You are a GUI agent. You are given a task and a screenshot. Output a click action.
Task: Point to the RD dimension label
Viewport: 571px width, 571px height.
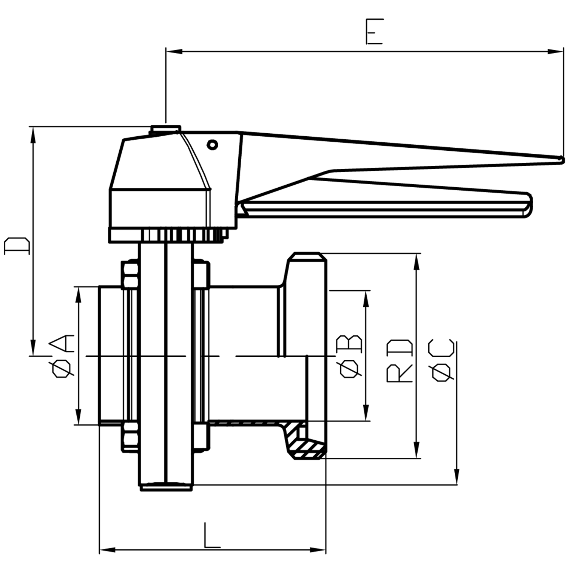point(400,361)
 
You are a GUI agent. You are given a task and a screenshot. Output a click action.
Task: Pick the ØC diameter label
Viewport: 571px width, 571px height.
point(441,361)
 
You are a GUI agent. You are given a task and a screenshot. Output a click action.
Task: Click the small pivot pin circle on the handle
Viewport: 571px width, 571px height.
point(213,144)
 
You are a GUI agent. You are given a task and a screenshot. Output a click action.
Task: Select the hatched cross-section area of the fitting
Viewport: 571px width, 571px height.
point(304,446)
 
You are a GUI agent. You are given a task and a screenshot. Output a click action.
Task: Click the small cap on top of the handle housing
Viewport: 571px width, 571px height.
point(165,130)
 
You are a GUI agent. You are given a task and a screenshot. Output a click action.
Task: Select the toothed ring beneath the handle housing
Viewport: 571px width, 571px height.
point(181,235)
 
